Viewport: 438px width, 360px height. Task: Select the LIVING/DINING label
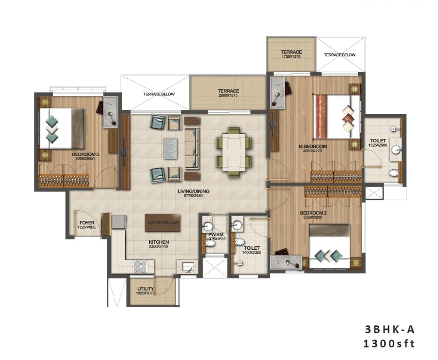pos(193,191)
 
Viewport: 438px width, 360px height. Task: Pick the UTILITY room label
pos(145,289)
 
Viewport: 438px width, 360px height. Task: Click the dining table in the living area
pos(234,149)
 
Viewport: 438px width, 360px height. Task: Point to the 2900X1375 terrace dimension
pos(229,96)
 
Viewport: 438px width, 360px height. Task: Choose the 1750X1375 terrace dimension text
pos(291,57)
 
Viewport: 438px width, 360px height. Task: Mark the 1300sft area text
pos(389,344)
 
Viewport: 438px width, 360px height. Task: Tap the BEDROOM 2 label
pos(314,213)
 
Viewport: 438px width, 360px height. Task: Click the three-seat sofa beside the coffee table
pos(191,148)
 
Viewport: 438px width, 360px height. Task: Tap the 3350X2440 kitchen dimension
pos(159,247)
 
